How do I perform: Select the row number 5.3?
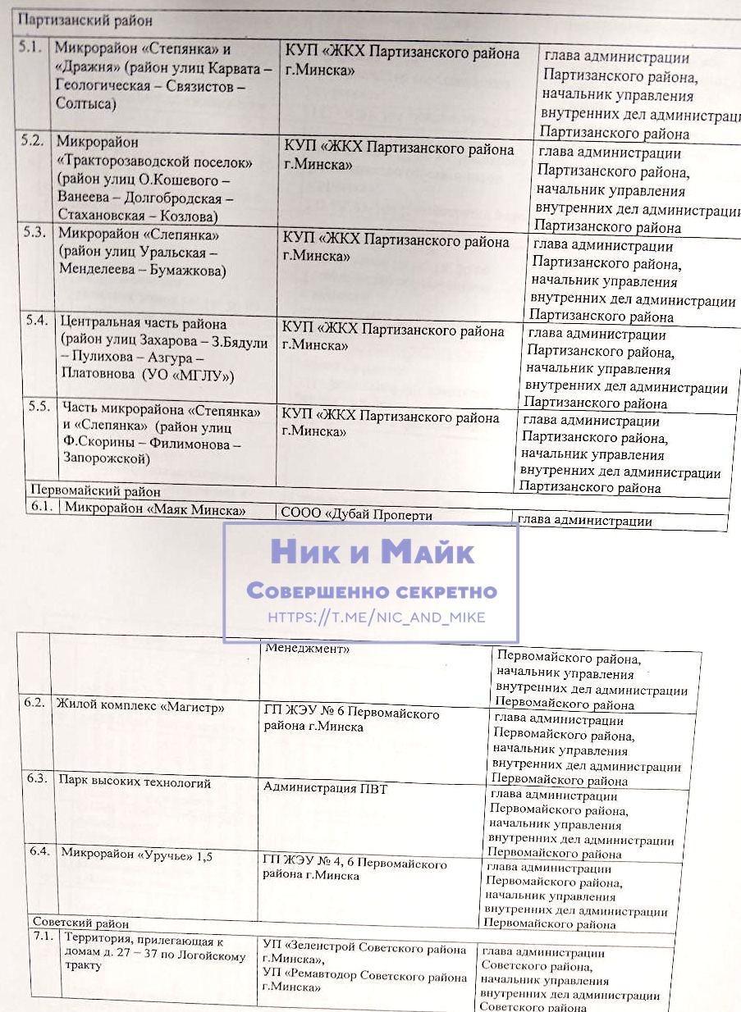[33, 232]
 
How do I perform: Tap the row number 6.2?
[35, 704]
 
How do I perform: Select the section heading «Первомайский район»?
[94, 491]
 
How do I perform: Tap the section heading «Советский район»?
[80, 923]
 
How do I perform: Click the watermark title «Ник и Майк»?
[372, 552]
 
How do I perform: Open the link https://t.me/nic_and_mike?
[377, 617]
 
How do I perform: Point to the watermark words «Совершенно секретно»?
[372, 591]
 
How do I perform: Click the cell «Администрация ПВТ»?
[325, 788]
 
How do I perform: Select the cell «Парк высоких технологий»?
[134, 782]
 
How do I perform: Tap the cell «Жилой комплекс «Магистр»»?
[140, 705]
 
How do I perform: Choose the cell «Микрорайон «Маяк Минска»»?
[155, 509]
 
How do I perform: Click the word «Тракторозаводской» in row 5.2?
[154, 162]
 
